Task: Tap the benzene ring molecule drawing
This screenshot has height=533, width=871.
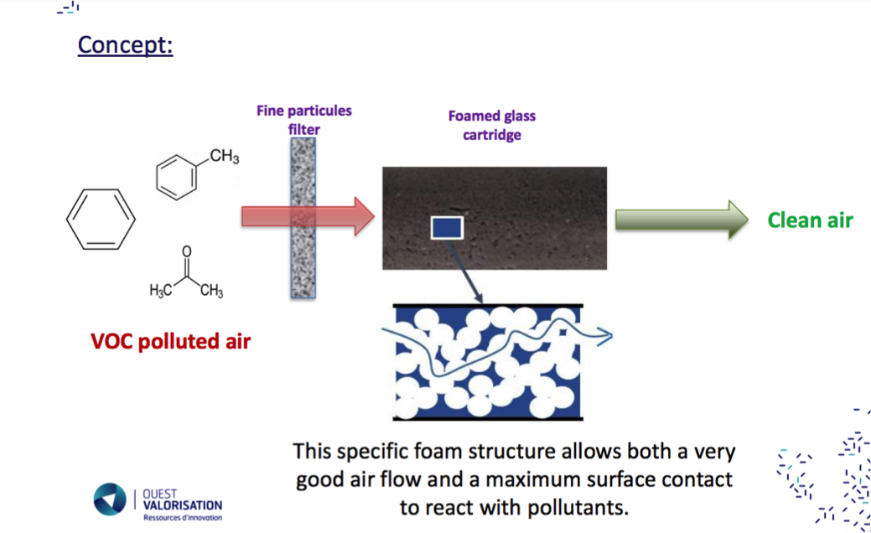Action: (x=101, y=219)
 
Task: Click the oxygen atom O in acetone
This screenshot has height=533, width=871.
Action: (x=186, y=251)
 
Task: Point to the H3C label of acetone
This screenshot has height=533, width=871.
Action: (x=161, y=291)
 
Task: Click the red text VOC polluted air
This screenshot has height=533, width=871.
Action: (x=170, y=342)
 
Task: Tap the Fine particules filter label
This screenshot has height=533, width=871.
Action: (x=304, y=120)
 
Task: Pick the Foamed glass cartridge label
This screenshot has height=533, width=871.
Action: (x=491, y=125)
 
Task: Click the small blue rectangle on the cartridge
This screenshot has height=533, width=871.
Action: (x=447, y=226)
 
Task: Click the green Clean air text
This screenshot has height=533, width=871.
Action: (x=810, y=220)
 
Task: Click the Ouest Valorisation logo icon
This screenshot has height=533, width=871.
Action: (x=109, y=499)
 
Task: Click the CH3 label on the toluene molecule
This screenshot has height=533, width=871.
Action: (x=225, y=156)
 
